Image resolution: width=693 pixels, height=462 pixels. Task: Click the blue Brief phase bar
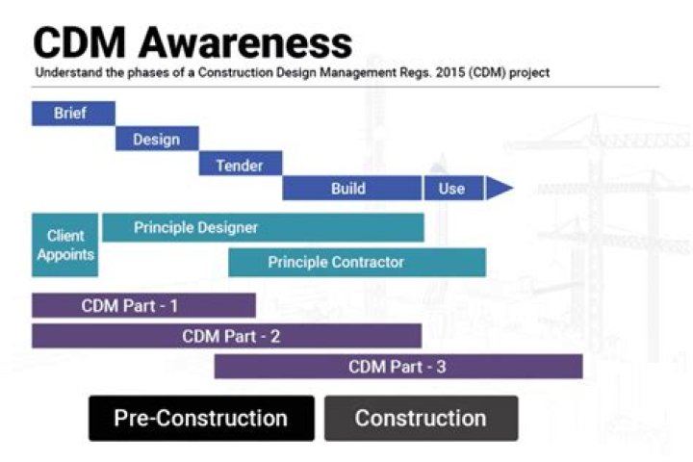point(73,114)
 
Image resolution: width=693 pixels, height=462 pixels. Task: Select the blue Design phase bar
point(157,140)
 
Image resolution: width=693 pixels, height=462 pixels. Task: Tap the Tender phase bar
point(240,165)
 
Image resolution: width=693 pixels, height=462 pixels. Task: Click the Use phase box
point(451,189)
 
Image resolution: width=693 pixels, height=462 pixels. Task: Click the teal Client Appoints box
point(65,245)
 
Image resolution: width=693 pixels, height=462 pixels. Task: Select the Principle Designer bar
point(262,228)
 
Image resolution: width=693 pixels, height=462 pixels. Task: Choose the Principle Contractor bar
point(356,262)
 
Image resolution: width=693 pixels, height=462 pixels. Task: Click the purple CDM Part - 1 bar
point(143,306)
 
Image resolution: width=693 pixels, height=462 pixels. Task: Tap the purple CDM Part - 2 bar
point(226,336)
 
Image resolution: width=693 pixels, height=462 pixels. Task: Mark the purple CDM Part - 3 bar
point(398,367)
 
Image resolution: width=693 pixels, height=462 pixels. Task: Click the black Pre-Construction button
point(201,419)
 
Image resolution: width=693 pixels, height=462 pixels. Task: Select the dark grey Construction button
point(421,419)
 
